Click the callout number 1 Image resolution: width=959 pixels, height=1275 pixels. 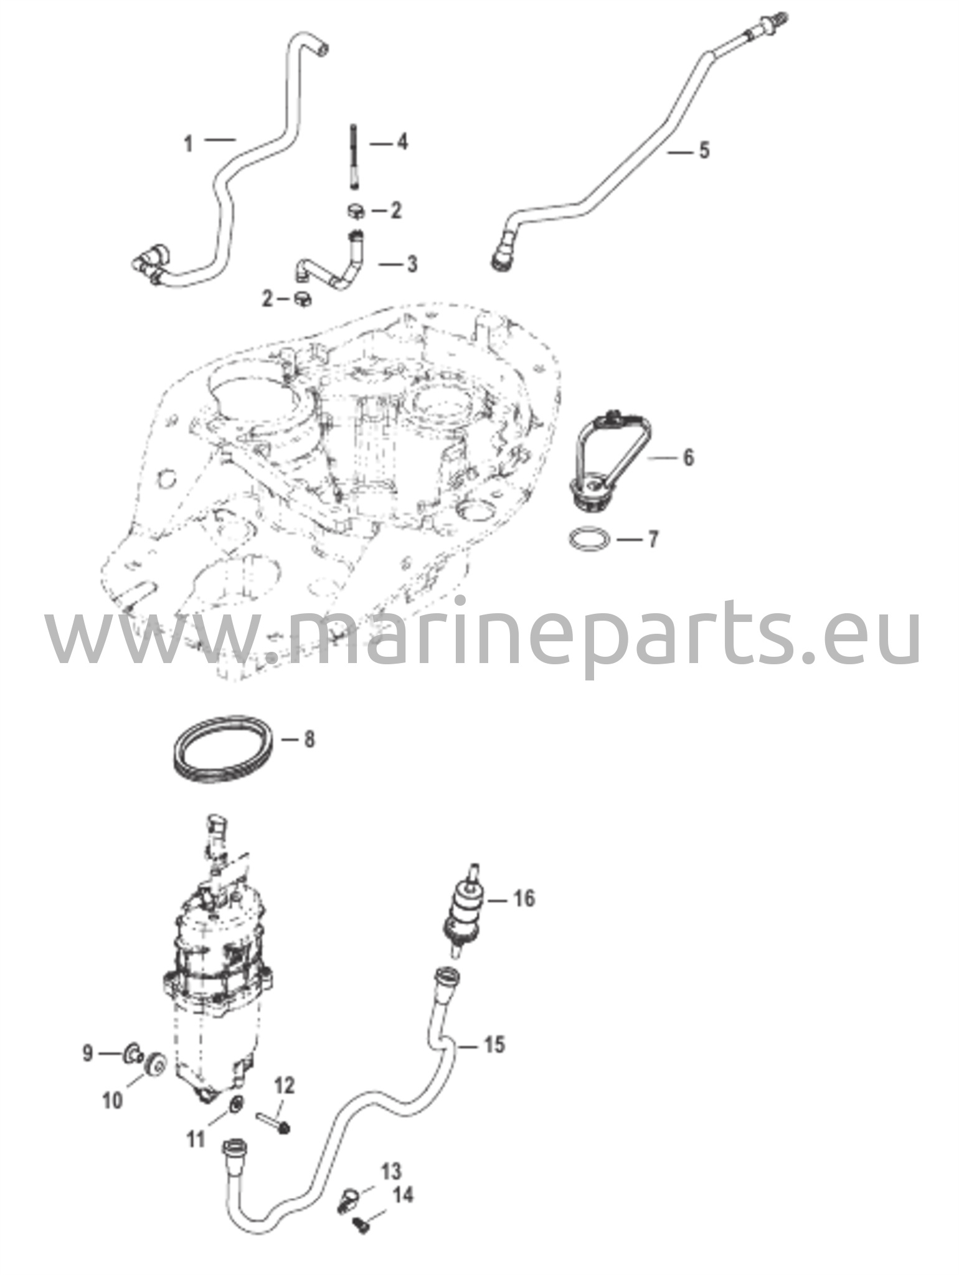(189, 144)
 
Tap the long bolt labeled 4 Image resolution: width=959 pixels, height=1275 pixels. (354, 156)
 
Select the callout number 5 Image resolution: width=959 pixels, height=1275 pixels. (704, 151)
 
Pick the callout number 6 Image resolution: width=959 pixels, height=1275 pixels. (688, 458)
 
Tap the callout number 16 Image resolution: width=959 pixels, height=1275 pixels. (524, 898)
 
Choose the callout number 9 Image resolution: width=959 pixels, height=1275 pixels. (88, 1053)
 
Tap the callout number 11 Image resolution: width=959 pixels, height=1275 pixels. (196, 1139)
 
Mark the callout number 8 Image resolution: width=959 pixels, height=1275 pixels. (308, 740)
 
